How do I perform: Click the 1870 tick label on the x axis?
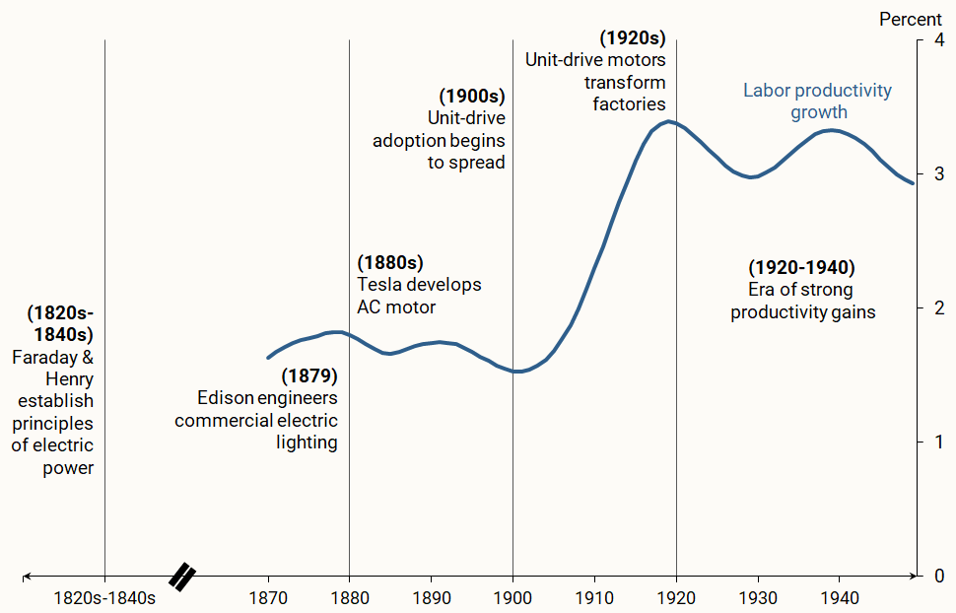point(268,597)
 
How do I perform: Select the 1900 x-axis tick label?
point(512,597)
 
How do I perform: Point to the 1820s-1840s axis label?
point(104,597)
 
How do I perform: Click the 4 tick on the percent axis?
point(937,40)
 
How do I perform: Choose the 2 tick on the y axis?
point(937,308)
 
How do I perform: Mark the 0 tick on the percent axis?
point(937,576)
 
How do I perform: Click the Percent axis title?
point(911,19)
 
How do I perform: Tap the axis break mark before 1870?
point(182,577)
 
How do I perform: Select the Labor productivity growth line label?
point(817,102)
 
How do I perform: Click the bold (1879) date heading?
point(309,375)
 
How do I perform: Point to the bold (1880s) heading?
point(390,262)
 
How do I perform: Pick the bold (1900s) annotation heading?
point(472,96)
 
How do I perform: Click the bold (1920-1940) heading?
point(801,267)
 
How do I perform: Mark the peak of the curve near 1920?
point(669,121)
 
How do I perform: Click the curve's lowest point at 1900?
point(515,372)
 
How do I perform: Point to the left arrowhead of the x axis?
point(27,576)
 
